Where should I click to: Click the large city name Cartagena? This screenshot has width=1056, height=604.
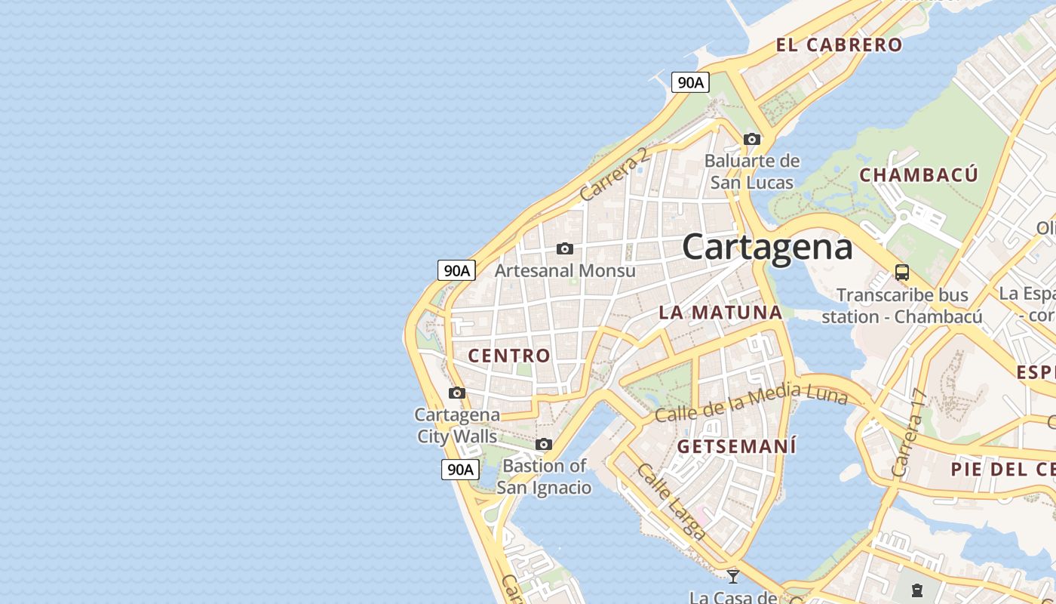tap(767, 247)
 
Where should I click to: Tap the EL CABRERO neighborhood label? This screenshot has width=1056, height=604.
tap(839, 45)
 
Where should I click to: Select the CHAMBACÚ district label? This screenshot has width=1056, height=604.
tap(919, 175)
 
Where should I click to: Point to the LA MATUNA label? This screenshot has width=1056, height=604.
tap(720, 312)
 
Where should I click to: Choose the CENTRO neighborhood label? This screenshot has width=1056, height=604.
tap(509, 356)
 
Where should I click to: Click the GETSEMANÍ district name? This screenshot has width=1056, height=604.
tap(736, 446)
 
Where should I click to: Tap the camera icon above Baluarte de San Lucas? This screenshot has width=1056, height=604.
tap(752, 139)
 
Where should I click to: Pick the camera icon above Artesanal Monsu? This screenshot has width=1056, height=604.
tap(564, 248)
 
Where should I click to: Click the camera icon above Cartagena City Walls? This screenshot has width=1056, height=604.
tap(457, 393)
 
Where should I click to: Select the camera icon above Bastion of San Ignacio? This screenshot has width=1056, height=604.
tap(544, 444)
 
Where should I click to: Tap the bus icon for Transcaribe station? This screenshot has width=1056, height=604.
tap(901, 273)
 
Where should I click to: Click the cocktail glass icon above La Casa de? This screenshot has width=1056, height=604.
tap(732, 577)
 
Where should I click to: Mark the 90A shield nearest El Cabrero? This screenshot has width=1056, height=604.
tap(690, 82)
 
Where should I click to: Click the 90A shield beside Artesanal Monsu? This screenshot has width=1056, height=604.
tap(456, 270)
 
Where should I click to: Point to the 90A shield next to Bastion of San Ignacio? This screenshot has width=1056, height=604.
tap(459, 469)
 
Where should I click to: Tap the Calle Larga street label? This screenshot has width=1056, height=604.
tap(671, 501)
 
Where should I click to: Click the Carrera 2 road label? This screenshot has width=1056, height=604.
tap(614, 174)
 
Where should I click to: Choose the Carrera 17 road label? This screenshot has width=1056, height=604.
tap(908, 433)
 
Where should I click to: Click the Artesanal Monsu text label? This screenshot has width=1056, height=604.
tap(565, 270)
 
